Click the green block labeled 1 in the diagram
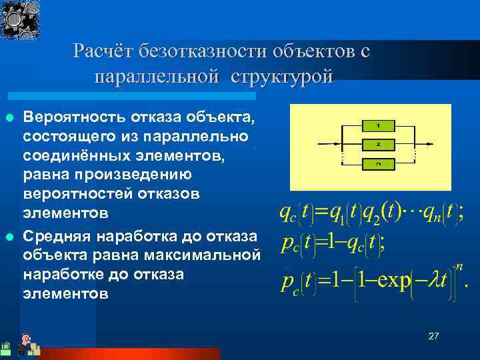coord(377,125)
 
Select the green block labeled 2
coord(377,143)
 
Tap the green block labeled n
coord(377,163)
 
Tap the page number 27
coord(433,337)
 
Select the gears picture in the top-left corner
coord(20,20)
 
